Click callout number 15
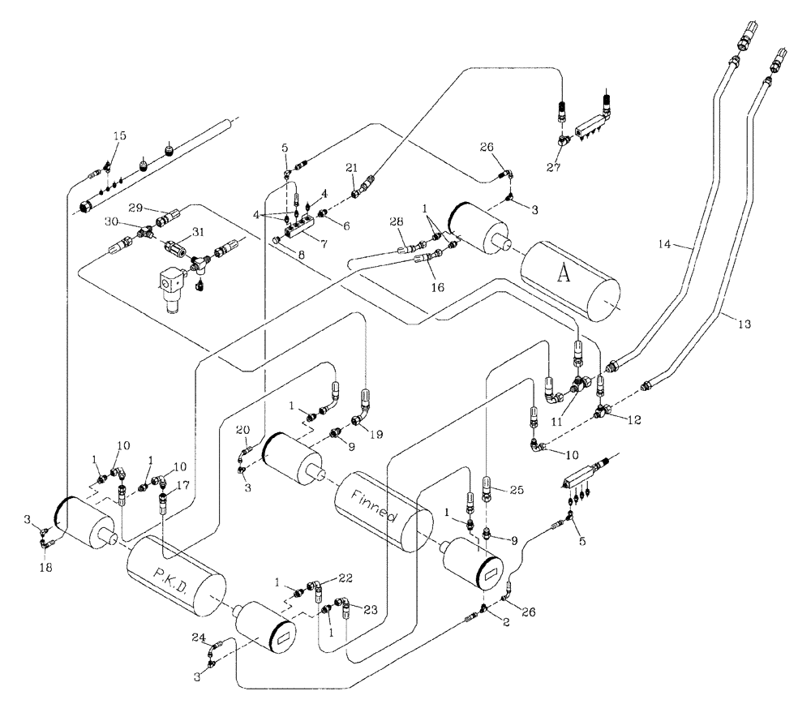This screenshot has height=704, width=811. coord(119,135)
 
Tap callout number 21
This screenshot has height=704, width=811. coord(351,166)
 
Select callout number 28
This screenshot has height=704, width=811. coord(396,221)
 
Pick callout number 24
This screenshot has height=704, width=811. coord(198,637)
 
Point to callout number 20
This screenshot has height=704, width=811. coord(241,429)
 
